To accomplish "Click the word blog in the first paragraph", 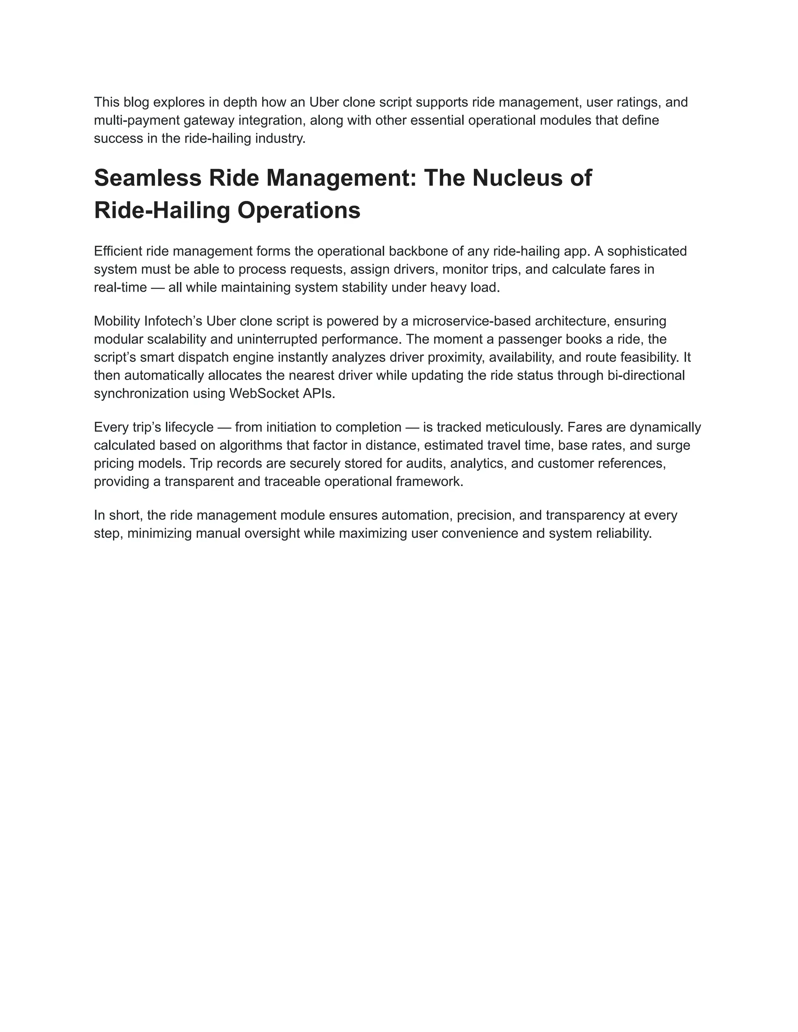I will pyautogui.click(x=136, y=102).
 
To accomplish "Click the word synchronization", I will pyautogui.click(x=141, y=394).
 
